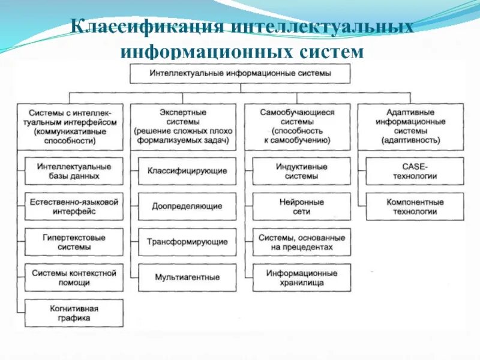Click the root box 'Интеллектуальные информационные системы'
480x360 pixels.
point(240,74)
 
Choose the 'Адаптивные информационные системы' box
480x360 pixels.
point(410,126)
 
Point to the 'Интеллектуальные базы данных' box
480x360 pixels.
point(74,171)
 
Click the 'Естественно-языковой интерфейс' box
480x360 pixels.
point(74,206)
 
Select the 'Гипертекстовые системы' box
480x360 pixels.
point(74,242)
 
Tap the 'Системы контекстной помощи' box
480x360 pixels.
point(74,277)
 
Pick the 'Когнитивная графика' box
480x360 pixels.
point(74,313)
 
